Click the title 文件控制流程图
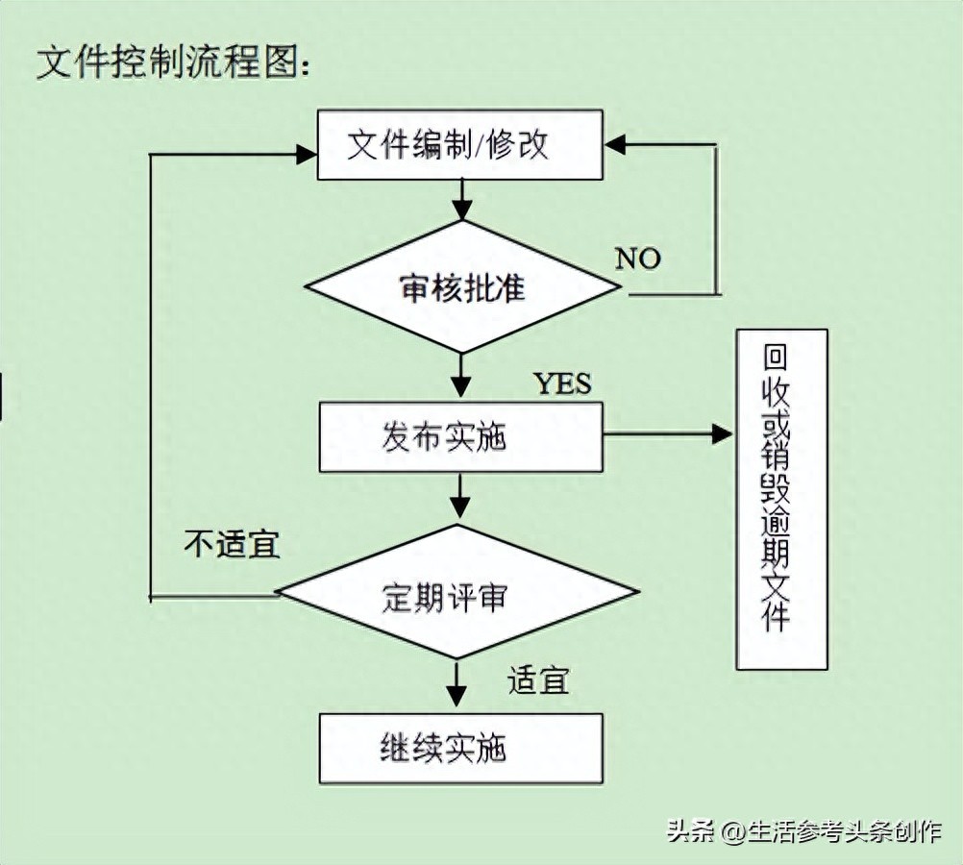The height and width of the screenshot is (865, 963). (x=173, y=62)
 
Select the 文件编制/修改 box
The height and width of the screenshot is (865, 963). (x=460, y=145)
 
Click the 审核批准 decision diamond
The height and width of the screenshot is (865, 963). (x=462, y=287)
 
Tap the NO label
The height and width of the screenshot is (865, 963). (x=638, y=259)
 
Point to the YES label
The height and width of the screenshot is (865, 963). (x=563, y=383)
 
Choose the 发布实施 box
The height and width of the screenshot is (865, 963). (x=460, y=437)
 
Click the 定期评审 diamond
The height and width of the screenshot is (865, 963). (x=457, y=592)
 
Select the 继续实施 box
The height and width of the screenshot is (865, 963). (x=460, y=748)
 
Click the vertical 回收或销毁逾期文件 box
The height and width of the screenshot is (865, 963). (x=781, y=499)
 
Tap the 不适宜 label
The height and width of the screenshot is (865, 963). (x=232, y=545)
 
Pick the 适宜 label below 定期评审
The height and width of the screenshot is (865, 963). (x=538, y=680)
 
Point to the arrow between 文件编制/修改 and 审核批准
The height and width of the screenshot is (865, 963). (x=461, y=200)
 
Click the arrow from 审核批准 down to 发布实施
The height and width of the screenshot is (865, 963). (x=461, y=375)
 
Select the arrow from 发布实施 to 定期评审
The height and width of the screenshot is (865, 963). (x=460, y=496)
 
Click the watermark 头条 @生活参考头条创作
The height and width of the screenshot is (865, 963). (x=803, y=831)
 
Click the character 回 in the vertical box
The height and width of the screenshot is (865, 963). (x=776, y=358)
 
